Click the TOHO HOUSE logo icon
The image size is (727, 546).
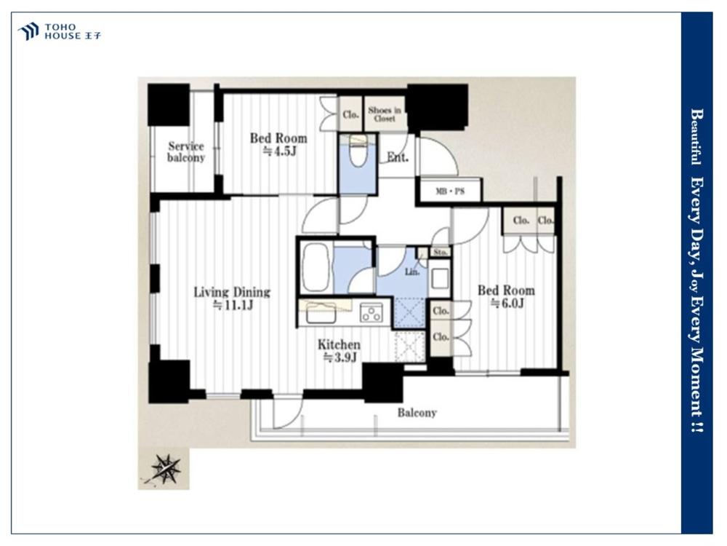click(x=28, y=31)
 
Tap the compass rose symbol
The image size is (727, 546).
click(x=166, y=468)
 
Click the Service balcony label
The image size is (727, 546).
click(x=186, y=152)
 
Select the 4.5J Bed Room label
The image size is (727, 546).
click(x=278, y=144)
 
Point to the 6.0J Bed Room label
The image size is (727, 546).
click(x=506, y=297)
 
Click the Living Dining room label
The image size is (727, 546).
click(x=232, y=298)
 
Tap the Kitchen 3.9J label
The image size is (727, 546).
click(x=339, y=351)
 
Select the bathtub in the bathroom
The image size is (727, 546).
click(x=316, y=267)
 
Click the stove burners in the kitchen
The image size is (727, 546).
click(x=371, y=312)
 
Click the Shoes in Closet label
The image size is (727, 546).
click(x=385, y=114)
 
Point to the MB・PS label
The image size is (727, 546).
click(x=450, y=191)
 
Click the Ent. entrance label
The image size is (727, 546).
click(x=398, y=157)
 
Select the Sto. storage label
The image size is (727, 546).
click(x=440, y=252)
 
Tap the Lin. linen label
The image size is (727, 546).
click(x=412, y=272)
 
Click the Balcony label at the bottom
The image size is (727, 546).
click(x=417, y=413)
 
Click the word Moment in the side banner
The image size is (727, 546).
click(x=697, y=383)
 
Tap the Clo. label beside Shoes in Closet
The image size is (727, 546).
click(x=351, y=114)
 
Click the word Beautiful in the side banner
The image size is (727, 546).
click(x=696, y=137)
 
